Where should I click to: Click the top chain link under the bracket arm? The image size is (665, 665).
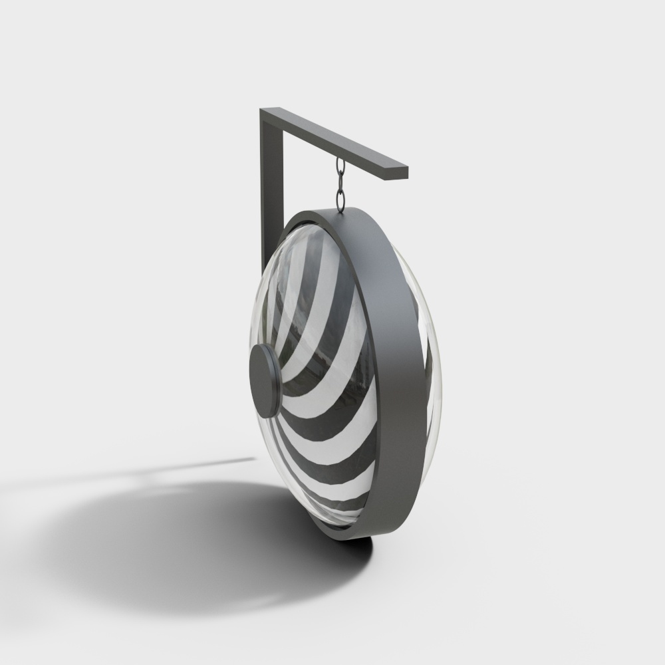340,166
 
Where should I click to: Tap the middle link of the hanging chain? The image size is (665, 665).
340,181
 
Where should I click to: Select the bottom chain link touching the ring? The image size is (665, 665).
341,199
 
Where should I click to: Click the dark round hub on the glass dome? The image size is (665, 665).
263,380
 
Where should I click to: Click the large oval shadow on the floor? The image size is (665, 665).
199,545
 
